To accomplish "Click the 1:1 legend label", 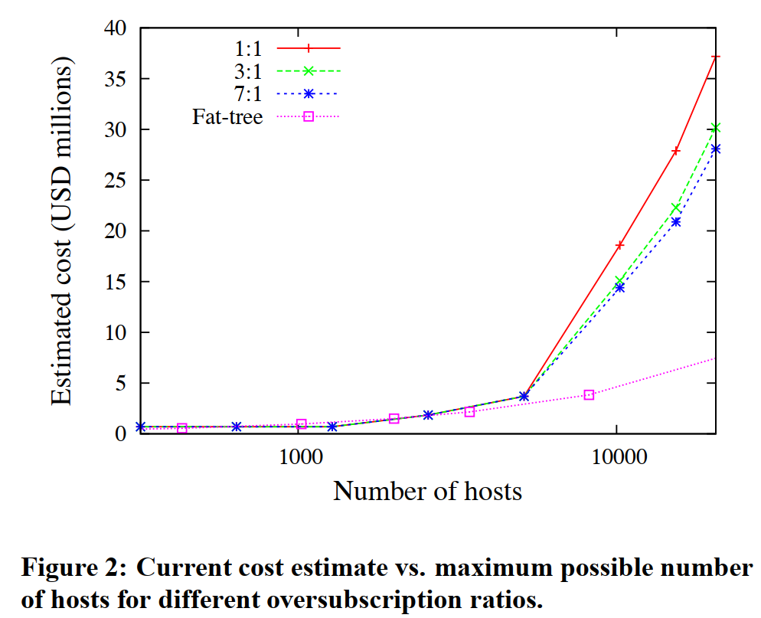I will tap(247, 48).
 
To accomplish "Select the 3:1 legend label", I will tap(247, 71).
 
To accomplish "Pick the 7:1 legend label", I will tap(247, 94).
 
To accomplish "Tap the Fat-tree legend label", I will tap(227, 117).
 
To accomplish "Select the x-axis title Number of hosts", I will tap(427, 491).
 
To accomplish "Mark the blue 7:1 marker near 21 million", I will tap(676, 221).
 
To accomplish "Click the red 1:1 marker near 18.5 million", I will tap(619, 245).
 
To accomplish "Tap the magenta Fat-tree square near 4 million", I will tap(589, 394).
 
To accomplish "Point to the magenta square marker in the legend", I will tap(309, 117).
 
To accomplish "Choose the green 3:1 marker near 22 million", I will tap(676, 208).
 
